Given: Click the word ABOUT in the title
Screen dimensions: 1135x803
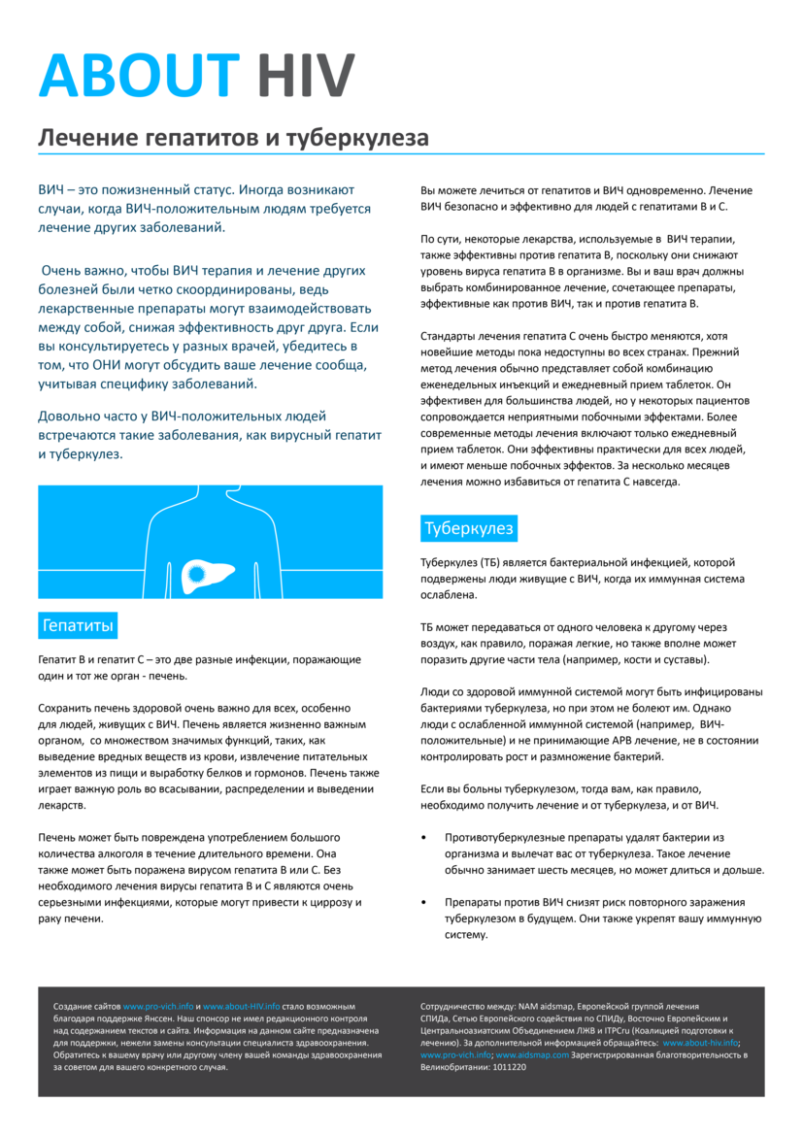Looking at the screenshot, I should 138,75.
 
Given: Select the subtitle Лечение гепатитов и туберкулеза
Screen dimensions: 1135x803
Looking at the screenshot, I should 233,138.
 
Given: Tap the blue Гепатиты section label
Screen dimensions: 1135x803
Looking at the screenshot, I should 78,625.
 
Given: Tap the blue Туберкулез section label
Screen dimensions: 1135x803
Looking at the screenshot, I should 468,529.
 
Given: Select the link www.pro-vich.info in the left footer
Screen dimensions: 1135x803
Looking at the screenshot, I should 158,1007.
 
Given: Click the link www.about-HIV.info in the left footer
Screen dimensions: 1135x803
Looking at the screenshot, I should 241,1007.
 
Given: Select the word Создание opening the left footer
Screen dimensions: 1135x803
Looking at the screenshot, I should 73,1007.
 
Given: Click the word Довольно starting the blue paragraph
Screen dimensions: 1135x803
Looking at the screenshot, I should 70,417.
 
